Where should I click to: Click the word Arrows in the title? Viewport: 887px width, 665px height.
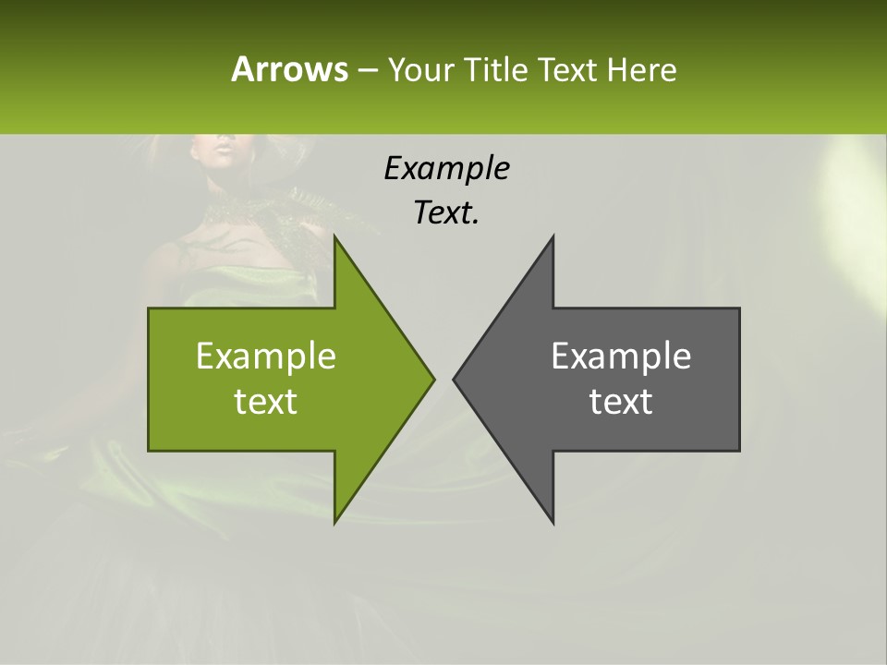click(288, 69)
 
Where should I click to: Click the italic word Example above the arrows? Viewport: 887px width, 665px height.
click(446, 168)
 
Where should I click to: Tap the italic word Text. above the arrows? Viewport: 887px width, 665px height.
click(446, 212)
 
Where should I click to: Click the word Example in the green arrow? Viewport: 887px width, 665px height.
click(266, 357)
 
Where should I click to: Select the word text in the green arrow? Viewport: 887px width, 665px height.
click(266, 402)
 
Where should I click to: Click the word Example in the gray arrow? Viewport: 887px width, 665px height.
click(621, 357)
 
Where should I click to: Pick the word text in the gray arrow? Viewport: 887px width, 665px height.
click(621, 402)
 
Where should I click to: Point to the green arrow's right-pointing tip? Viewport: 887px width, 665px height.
click(432, 379)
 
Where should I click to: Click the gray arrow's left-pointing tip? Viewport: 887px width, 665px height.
click(455, 379)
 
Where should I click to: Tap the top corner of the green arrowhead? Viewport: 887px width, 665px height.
click(335, 238)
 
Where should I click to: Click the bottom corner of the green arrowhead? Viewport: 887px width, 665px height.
click(335, 521)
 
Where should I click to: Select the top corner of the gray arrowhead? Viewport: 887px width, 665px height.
click(553, 238)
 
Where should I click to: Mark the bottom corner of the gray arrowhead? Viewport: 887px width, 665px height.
click(553, 521)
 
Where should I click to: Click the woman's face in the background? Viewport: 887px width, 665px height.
click(222, 152)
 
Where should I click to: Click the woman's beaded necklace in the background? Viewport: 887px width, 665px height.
click(226, 211)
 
